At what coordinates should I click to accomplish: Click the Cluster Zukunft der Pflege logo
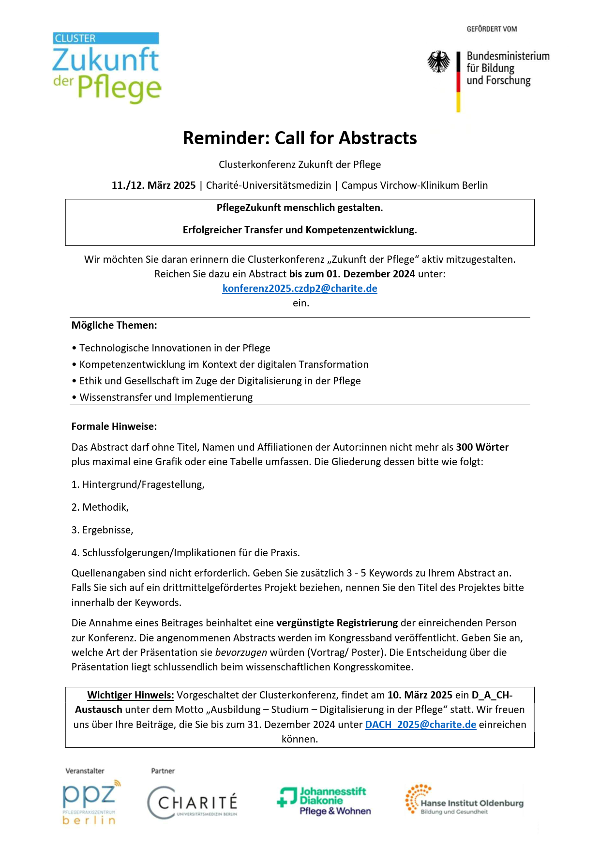pos(106,67)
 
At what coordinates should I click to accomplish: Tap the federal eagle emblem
pos(438,62)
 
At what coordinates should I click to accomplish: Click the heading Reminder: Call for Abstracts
pos(300,138)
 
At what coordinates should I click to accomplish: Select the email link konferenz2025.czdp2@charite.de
pos(300,288)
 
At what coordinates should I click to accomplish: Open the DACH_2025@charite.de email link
pos(420,725)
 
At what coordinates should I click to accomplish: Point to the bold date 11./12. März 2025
pos(153,185)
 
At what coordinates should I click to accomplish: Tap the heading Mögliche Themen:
pos(114,325)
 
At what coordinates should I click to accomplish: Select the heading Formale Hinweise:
pos(114,426)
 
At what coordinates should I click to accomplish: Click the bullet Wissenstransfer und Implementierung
pos(165,397)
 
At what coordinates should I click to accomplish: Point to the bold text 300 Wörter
pos(482,447)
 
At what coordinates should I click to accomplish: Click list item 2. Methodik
pos(100,507)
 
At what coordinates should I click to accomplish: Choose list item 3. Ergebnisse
pos(102,530)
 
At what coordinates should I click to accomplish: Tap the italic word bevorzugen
pos(241,652)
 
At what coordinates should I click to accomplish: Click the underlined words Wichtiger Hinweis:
pos(130,695)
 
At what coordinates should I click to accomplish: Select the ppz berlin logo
pos(90,802)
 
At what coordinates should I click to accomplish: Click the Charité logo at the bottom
pos(193,802)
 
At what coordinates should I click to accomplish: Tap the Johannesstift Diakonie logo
pos(324,801)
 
